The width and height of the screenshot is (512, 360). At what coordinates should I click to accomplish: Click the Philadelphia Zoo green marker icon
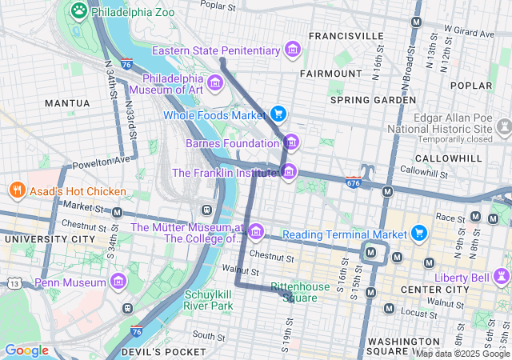click(78, 10)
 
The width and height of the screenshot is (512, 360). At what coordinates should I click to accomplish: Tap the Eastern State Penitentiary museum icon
click(293, 50)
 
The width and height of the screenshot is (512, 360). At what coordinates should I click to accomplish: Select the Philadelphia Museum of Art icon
click(214, 83)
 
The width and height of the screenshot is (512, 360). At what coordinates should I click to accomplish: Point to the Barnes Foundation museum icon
click(292, 143)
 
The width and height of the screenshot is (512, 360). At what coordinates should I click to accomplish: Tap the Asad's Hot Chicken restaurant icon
click(15, 190)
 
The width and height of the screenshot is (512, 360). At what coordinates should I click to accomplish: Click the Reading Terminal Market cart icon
click(418, 234)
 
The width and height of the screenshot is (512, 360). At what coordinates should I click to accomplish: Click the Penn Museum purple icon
click(119, 282)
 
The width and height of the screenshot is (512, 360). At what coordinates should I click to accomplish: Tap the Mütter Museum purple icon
click(256, 232)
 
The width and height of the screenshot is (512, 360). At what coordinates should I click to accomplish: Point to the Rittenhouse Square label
click(299, 292)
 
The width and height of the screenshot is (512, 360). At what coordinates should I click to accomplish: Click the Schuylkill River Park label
click(209, 299)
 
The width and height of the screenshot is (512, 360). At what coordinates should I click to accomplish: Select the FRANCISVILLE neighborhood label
click(346, 36)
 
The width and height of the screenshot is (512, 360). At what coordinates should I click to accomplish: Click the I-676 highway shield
click(353, 183)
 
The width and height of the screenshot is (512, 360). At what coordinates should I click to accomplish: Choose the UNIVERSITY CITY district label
click(46, 239)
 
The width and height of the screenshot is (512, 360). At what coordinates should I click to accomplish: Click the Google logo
click(26, 350)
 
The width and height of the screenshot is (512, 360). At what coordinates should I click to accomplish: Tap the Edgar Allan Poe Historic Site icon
click(503, 127)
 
